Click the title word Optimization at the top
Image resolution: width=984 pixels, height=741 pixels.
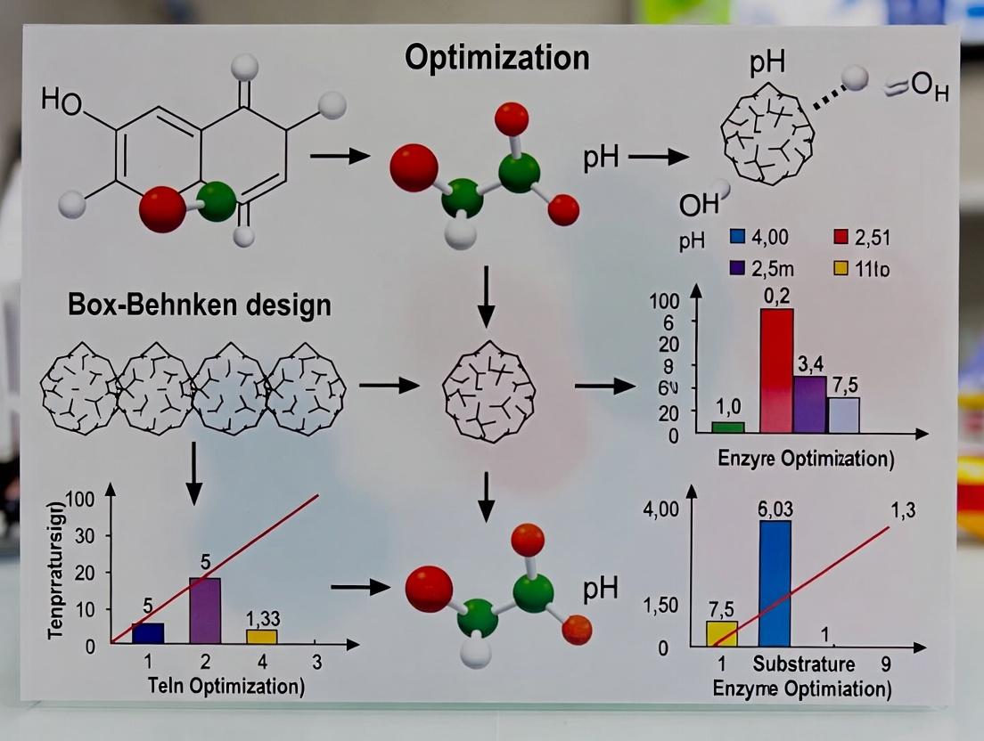tap(496, 58)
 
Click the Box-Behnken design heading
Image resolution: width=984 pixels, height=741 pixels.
tap(199, 305)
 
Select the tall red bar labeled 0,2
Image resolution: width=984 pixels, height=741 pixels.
tap(776, 370)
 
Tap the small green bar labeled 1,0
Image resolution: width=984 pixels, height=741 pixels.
tap(727, 427)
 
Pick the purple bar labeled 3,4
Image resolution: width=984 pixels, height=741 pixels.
tap(809, 404)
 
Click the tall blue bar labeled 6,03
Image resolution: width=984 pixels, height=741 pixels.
tap(775, 582)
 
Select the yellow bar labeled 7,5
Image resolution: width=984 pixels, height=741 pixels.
tap(721, 633)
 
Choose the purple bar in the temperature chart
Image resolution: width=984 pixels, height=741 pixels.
tap(205, 610)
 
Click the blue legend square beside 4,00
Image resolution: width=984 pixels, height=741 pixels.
tap(737, 237)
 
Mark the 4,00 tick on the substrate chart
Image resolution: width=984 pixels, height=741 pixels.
tap(661, 509)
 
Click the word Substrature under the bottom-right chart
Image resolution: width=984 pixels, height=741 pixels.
tap(804, 664)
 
